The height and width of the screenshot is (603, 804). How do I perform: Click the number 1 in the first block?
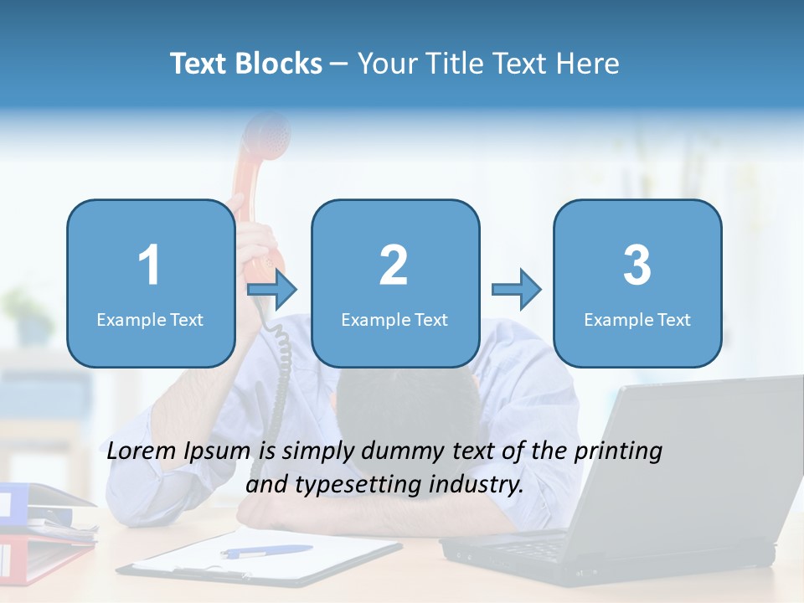[x=149, y=265]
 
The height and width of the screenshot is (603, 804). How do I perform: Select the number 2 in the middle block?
[x=394, y=265]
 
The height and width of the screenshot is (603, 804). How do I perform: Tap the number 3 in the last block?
[x=637, y=265]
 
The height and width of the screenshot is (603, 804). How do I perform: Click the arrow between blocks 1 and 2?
[x=273, y=290]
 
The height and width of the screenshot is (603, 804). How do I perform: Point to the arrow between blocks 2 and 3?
[x=517, y=290]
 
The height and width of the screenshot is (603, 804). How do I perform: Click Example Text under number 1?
[x=150, y=320]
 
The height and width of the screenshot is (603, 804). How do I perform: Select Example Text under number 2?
[x=394, y=320]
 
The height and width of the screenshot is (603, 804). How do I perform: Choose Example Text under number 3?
[x=637, y=320]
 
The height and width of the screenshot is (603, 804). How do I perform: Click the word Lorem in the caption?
[x=141, y=451]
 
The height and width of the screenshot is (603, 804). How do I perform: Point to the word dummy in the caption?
[x=398, y=452]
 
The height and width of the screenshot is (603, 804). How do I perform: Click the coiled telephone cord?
[x=281, y=368]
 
